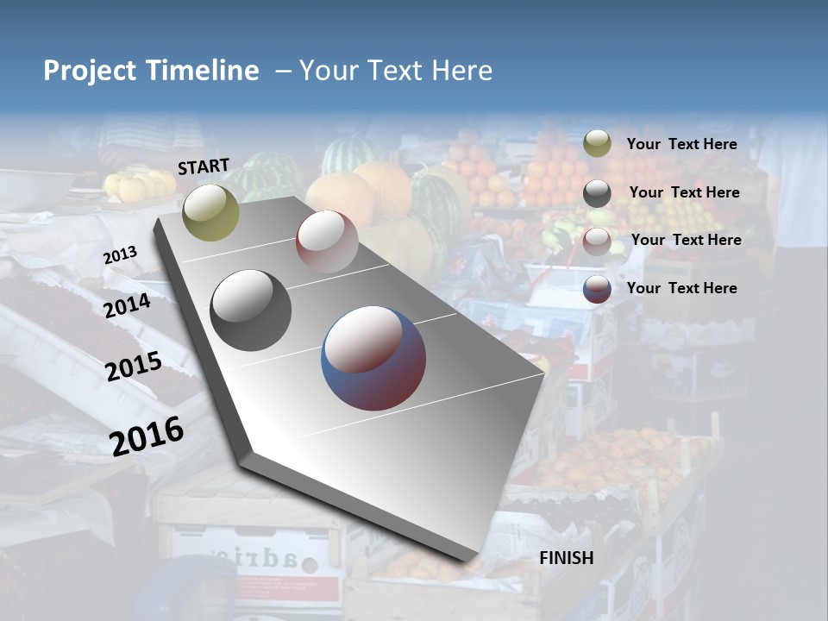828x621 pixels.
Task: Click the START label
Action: pyautogui.click(x=204, y=166)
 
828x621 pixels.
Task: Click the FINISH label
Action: pyautogui.click(x=566, y=558)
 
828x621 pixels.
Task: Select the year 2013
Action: pyautogui.click(x=120, y=255)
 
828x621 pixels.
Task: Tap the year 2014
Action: pyautogui.click(x=128, y=305)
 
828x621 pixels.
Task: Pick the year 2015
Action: pyautogui.click(x=134, y=367)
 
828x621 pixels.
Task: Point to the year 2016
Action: pyautogui.click(x=147, y=436)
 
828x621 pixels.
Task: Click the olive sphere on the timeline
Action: pyautogui.click(x=211, y=212)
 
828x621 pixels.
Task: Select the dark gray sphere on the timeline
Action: pyautogui.click(x=250, y=310)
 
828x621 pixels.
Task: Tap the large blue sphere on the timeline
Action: pyautogui.click(x=373, y=358)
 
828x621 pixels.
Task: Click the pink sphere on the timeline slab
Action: pyautogui.click(x=327, y=241)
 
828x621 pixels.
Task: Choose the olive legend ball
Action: pyautogui.click(x=597, y=144)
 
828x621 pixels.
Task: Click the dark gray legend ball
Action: pyautogui.click(x=597, y=193)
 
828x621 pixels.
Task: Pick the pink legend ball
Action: pyautogui.click(x=597, y=241)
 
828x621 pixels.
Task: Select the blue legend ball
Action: pyautogui.click(x=597, y=289)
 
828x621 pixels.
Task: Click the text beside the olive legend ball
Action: pyautogui.click(x=681, y=144)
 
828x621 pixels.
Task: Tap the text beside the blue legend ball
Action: pyautogui.click(x=681, y=288)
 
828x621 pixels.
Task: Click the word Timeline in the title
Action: pyautogui.click(x=204, y=71)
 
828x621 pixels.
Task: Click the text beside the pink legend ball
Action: pyautogui.click(x=686, y=240)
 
